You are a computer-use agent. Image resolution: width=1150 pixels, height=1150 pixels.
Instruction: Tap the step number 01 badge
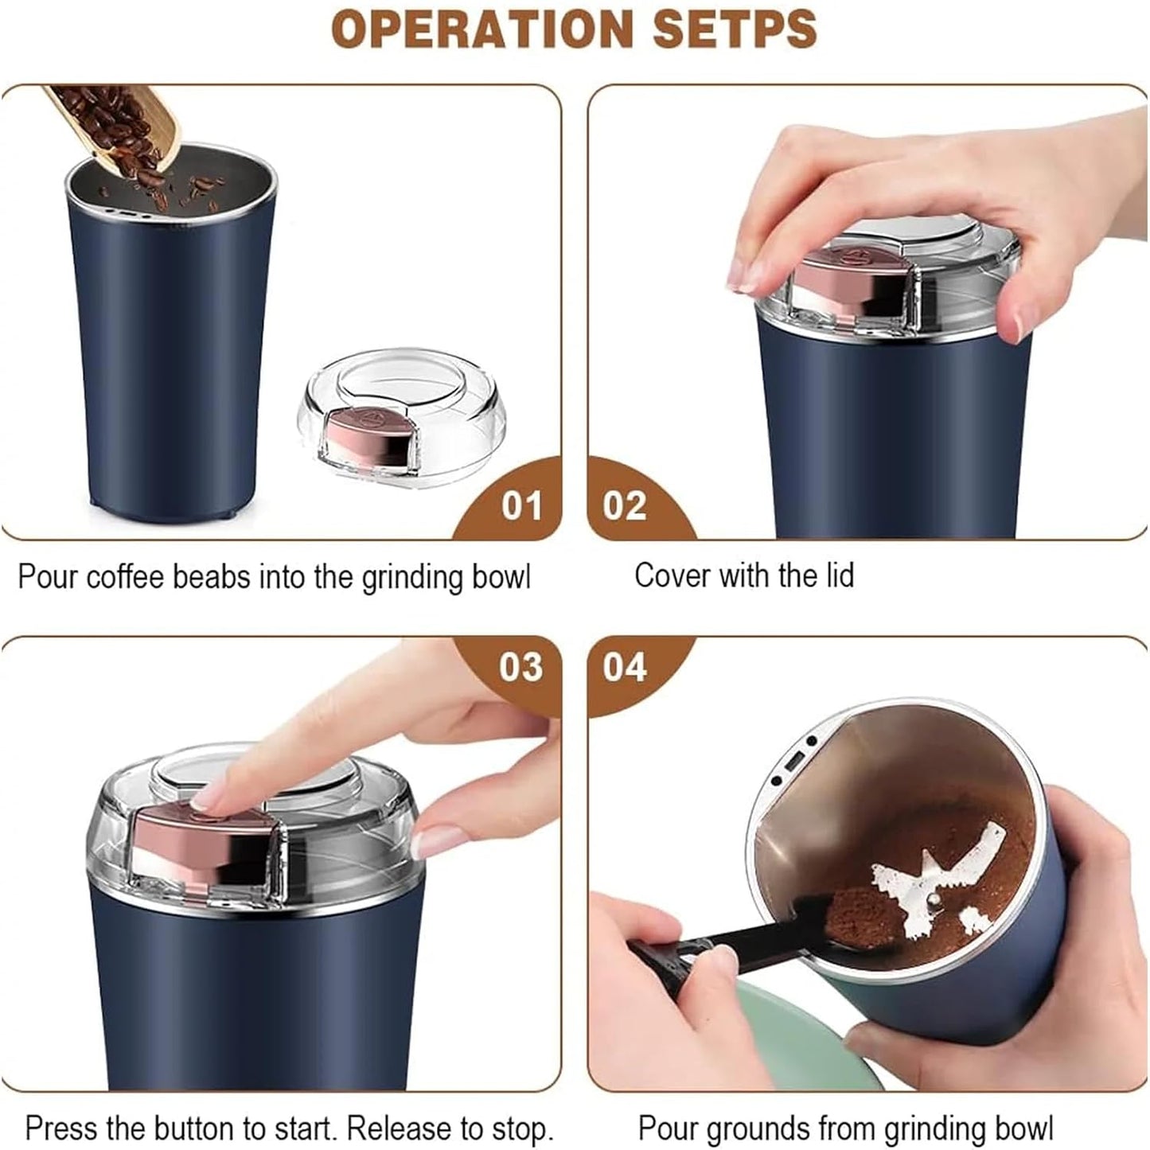click(520, 506)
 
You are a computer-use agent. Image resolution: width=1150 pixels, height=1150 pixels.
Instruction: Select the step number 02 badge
click(625, 506)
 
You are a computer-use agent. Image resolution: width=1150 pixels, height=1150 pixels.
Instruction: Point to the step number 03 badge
click(520, 667)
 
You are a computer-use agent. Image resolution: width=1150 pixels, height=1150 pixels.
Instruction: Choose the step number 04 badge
click(625, 667)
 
